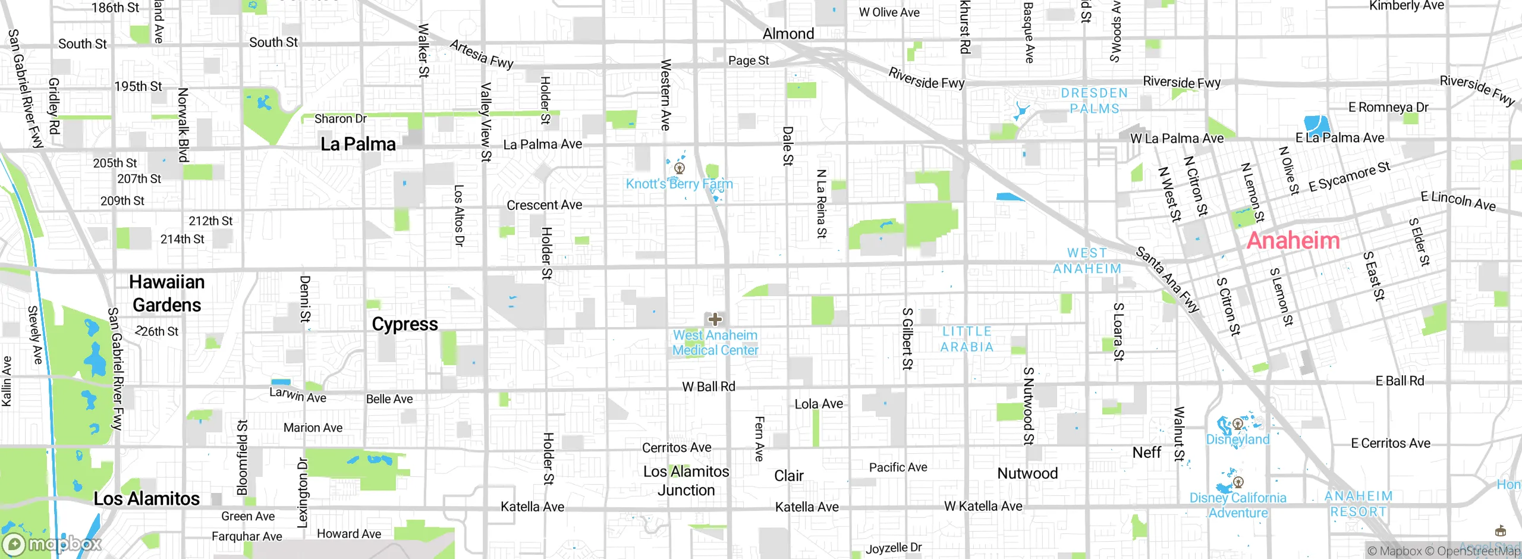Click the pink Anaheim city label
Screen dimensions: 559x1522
point(1293,240)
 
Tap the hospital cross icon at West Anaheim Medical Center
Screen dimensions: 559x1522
point(715,319)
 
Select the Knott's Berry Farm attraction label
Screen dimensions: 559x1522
point(679,184)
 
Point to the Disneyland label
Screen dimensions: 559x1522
point(1237,439)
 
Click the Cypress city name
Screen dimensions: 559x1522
point(404,324)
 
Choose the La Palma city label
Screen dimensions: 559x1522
point(358,144)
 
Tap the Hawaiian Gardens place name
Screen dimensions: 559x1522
point(167,293)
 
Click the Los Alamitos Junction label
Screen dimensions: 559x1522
point(686,481)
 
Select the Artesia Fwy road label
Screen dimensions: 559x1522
point(481,54)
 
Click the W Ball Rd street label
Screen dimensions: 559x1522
point(708,387)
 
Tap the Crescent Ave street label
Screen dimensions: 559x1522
point(544,205)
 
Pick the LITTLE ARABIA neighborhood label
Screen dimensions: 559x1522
point(967,339)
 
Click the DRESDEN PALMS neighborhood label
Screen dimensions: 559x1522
point(1094,101)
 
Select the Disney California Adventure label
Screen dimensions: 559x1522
point(1238,505)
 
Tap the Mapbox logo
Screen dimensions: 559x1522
point(52,544)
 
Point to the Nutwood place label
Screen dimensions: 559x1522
point(1027,473)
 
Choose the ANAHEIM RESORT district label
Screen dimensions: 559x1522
point(1359,504)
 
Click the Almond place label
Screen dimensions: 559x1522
point(788,34)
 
